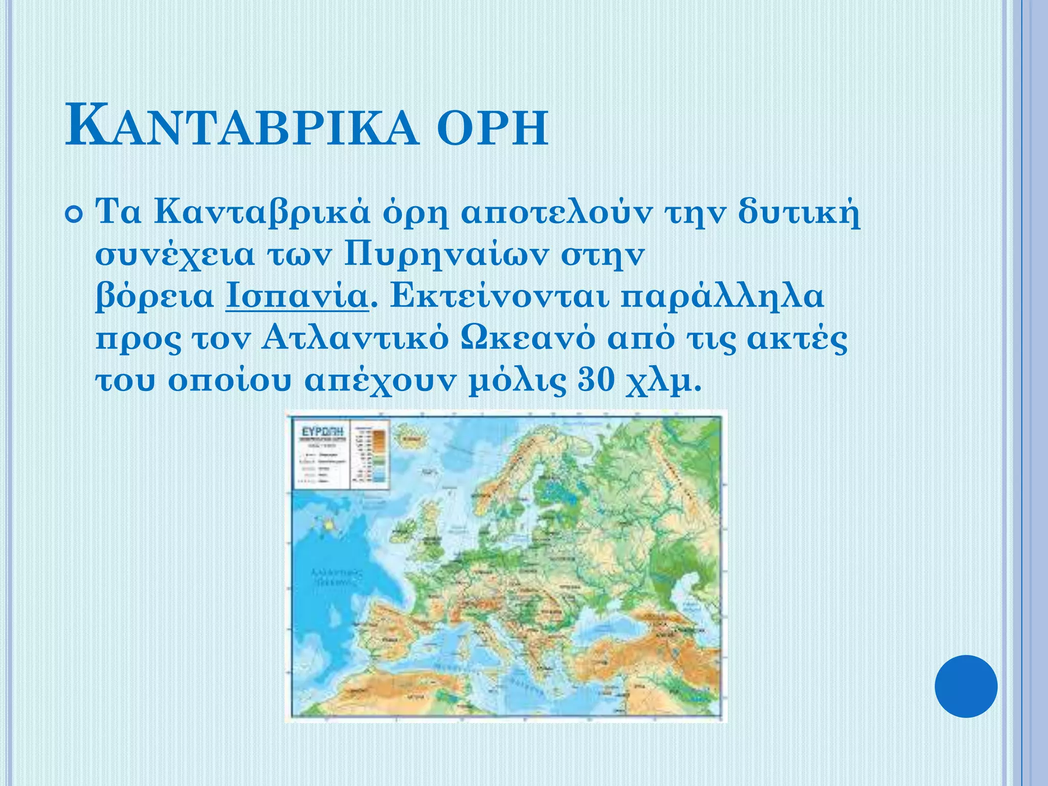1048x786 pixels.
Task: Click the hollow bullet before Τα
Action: point(75,214)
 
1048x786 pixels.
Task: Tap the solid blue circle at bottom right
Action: point(966,686)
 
